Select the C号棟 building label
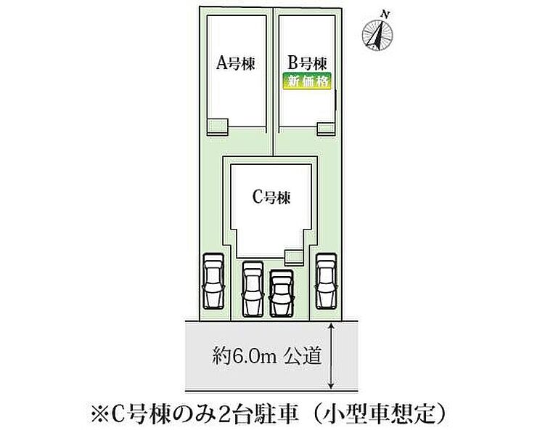(x=271, y=197)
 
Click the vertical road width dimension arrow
(x=332, y=356)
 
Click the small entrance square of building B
(x=327, y=128)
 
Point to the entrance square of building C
(x=293, y=256)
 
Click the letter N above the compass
(x=387, y=14)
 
